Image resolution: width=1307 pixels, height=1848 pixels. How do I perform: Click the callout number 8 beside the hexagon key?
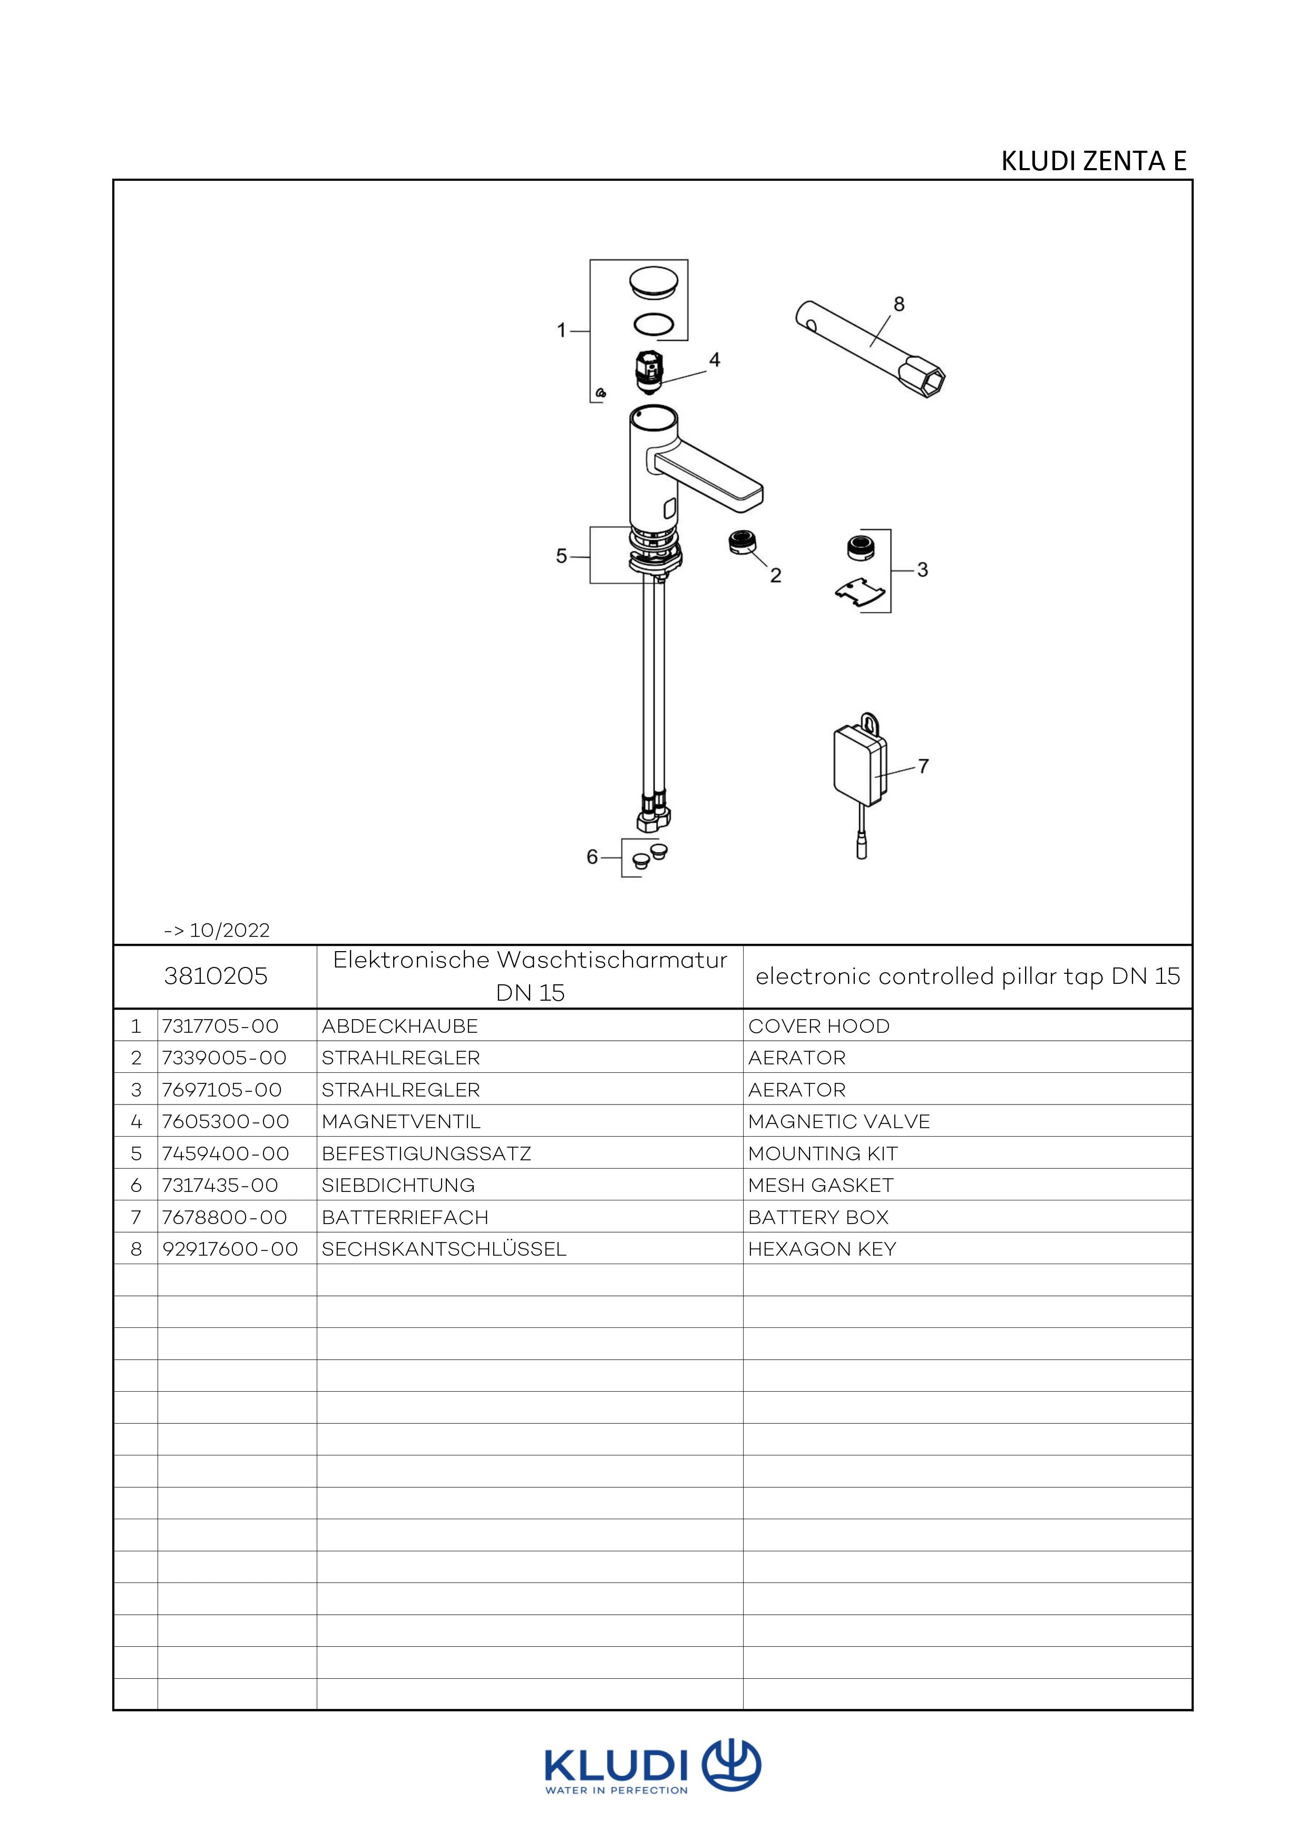(899, 304)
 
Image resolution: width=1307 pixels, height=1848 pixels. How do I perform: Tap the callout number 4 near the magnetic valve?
(714, 360)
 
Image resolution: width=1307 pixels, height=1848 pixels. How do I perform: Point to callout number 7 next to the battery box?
(923, 766)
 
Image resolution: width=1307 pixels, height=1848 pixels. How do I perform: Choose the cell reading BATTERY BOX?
(818, 1217)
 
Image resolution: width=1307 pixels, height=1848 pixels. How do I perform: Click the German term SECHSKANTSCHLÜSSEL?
(443, 1249)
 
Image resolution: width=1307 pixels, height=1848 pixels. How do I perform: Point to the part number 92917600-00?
(230, 1249)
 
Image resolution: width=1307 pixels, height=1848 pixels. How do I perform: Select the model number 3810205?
(216, 976)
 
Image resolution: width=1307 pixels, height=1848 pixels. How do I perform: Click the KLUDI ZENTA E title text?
(1093, 161)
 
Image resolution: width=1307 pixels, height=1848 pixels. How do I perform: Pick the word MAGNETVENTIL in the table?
(401, 1121)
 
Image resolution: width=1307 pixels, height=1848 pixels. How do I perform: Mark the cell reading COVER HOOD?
(818, 1026)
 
